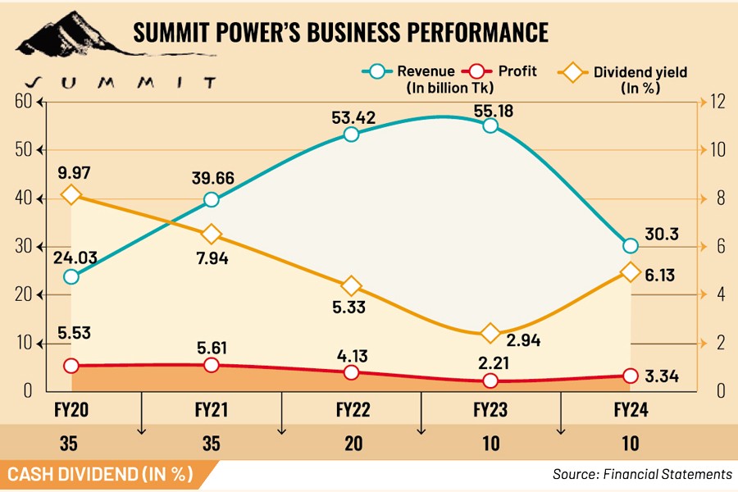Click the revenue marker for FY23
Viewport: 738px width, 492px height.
(490, 125)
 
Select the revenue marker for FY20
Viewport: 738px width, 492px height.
(71, 276)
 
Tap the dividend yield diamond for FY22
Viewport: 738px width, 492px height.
(351, 286)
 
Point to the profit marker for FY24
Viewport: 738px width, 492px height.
(631, 376)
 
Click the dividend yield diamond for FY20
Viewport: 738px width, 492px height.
(71, 194)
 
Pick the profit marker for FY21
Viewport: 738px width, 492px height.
(212, 365)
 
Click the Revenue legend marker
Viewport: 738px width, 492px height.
(376, 71)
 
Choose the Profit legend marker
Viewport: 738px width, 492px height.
(475, 71)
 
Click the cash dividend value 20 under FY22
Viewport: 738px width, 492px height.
(351, 444)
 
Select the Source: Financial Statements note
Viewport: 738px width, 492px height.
(642, 474)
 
